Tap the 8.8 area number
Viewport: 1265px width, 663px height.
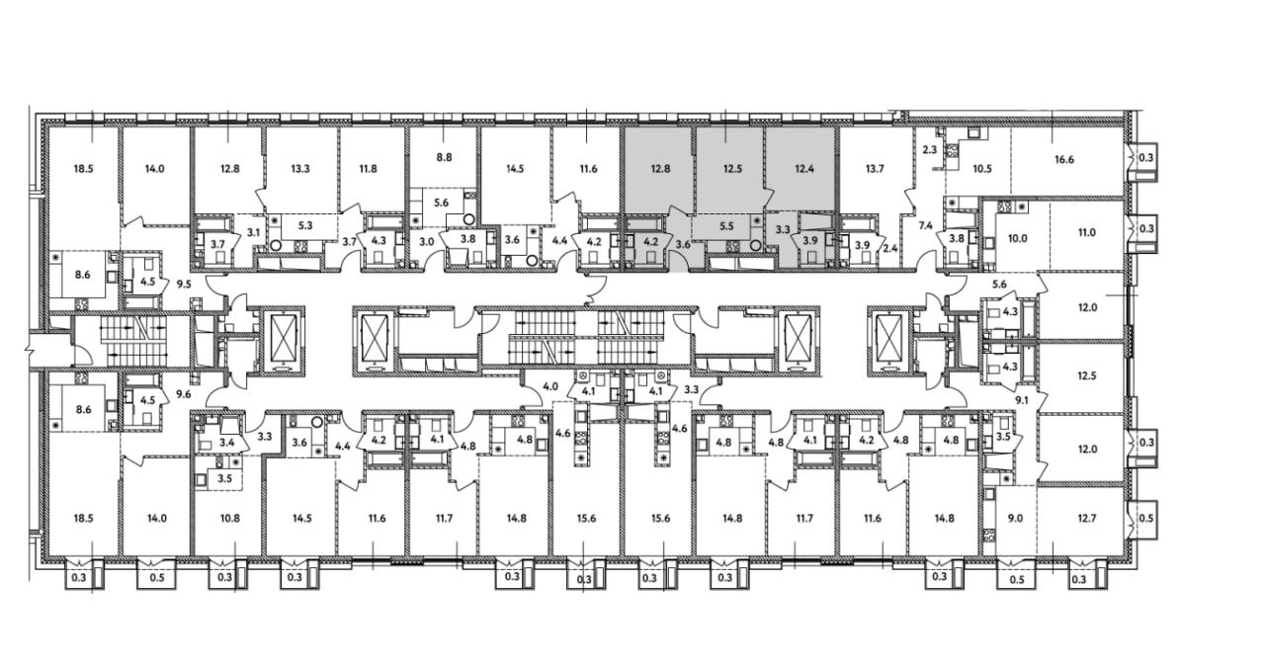[x=445, y=157]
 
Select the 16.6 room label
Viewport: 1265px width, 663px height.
[x=1064, y=160]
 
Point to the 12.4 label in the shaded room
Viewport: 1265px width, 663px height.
[x=803, y=168]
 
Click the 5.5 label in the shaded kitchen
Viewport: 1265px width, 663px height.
[x=727, y=226]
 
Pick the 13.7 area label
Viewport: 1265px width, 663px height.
[x=875, y=168]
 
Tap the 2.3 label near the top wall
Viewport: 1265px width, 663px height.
[x=930, y=149]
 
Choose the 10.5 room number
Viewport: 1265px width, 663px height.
[x=982, y=168]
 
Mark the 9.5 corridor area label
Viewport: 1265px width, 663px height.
[x=184, y=284]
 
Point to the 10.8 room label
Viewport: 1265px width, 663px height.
[x=229, y=518]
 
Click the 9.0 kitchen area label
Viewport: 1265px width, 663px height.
[x=1015, y=518]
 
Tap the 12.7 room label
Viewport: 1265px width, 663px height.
[x=1086, y=518]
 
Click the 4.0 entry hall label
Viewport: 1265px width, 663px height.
[x=550, y=387]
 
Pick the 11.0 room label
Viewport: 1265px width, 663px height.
[x=1086, y=232]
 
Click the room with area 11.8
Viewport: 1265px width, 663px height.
[x=368, y=168]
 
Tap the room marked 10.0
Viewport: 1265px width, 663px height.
[x=1018, y=238]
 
